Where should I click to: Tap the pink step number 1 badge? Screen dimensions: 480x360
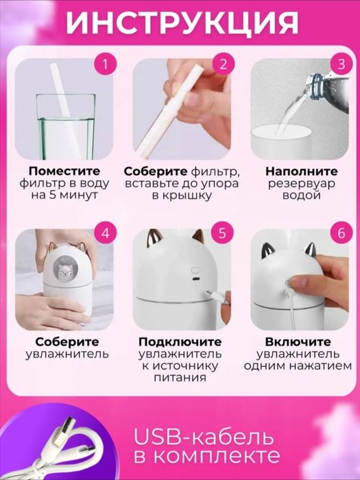tap(104, 65)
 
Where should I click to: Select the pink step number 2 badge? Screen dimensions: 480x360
tap(223, 65)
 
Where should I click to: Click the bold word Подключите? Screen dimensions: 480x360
tap(180, 341)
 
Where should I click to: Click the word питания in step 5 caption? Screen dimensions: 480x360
tap(180, 379)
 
